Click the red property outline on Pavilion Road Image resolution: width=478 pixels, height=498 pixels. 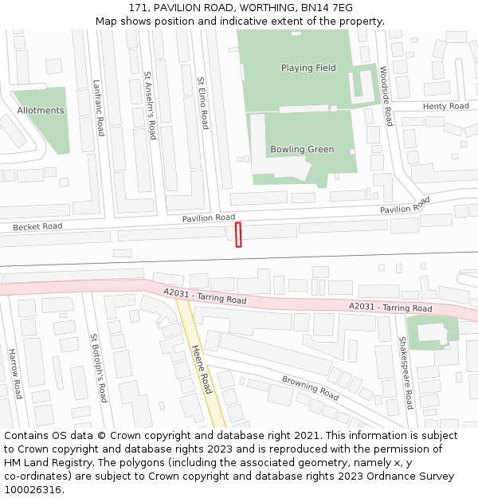click(238, 235)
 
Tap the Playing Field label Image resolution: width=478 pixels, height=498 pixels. click(308, 69)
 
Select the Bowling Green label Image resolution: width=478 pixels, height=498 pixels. click(302, 150)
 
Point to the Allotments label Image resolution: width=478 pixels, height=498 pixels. click(41, 111)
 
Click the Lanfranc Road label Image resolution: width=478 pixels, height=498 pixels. click(98, 108)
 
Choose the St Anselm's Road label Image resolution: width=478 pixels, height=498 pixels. click(149, 106)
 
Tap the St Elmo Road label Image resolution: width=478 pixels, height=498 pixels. click(203, 104)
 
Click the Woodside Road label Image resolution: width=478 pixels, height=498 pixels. click(386, 96)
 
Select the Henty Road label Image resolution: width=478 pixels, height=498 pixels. click(446, 106)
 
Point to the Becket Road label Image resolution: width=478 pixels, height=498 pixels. click(37, 227)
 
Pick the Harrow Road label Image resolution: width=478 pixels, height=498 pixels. click(14, 374)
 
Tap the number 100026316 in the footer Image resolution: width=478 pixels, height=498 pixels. click(33, 489)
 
